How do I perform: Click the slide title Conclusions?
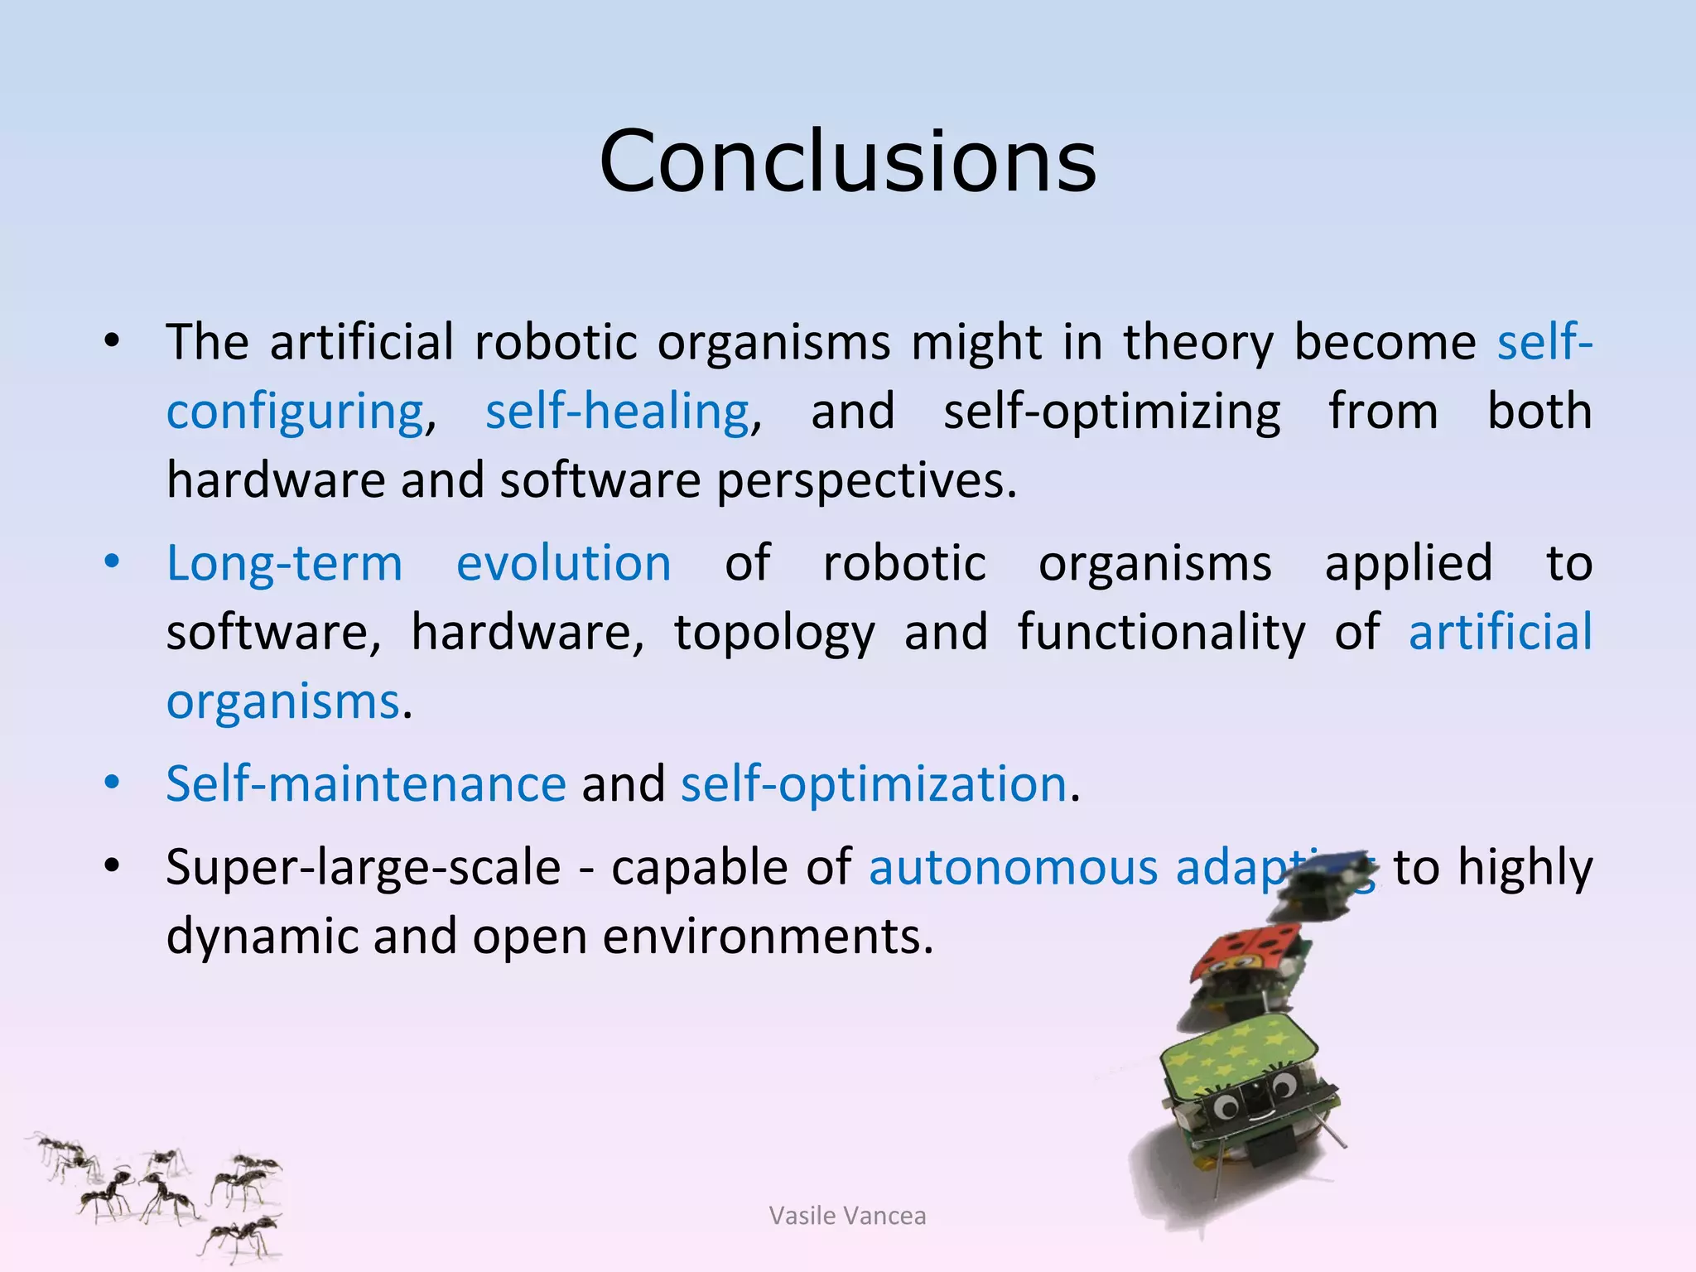pos(848,161)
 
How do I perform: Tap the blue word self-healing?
pos(617,412)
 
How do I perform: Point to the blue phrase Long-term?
pos(284,564)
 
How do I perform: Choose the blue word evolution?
pos(563,564)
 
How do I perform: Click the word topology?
pos(773,634)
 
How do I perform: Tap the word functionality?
pos(1161,634)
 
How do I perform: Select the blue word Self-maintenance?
pos(365,783)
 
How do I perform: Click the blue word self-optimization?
pos(873,783)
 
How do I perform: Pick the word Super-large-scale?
pos(363,868)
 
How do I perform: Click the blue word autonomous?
pos(1013,868)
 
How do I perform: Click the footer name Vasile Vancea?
pos(847,1216)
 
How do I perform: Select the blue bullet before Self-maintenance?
pos(112,783)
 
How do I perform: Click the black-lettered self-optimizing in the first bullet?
pos(1111,412)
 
